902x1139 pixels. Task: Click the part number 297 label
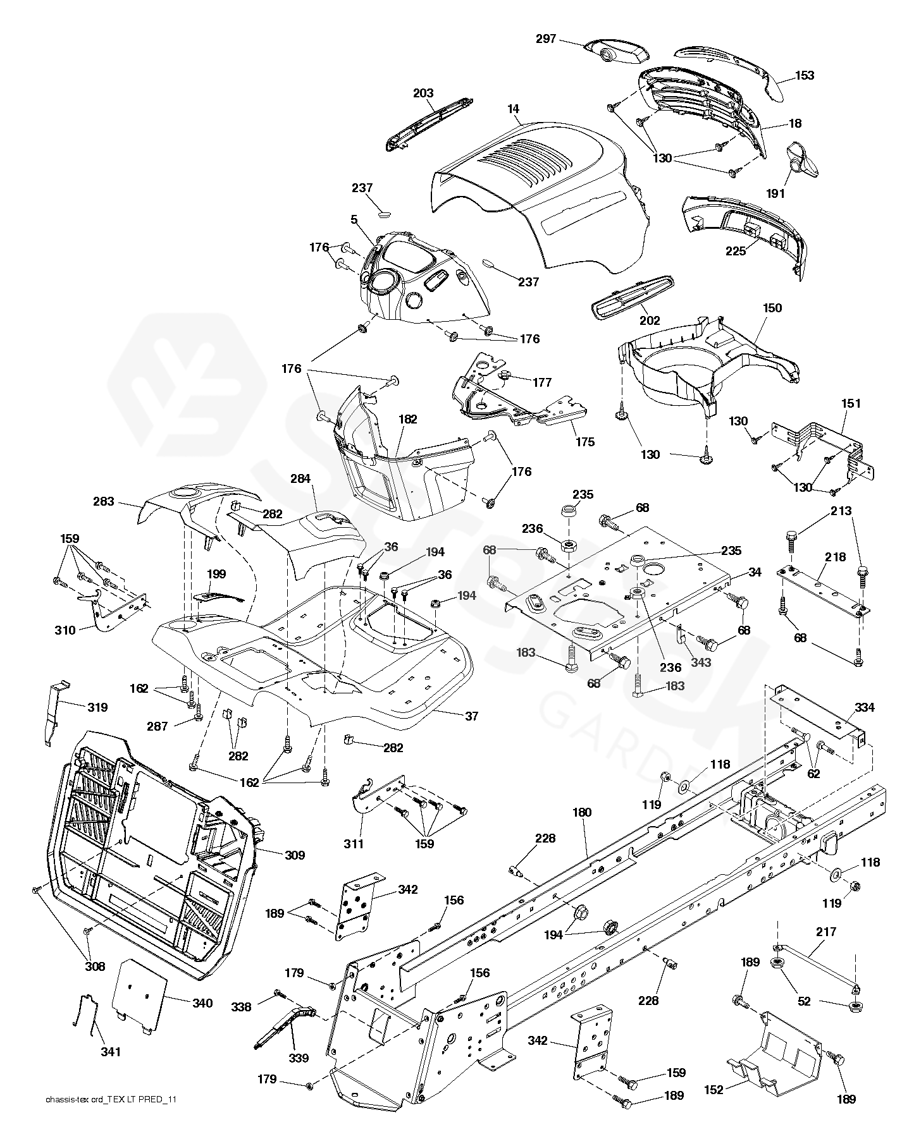pos(545,39)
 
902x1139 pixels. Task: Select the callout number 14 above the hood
pos(512,109)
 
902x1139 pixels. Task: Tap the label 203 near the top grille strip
pos(423,94)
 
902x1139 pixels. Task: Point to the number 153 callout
pos(805,75)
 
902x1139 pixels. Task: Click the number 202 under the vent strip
pos(650,320)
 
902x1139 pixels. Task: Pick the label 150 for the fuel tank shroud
pos(772,308)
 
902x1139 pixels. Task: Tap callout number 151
pos(851,403)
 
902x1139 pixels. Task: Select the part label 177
pos(542,382)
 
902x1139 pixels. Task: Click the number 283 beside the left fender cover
pos(104,501)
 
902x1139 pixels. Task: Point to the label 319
pos(97,707)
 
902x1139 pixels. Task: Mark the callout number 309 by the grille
pos(295,855)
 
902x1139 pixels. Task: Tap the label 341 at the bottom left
pos(110,1052)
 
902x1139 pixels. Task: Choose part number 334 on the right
pos(864,707)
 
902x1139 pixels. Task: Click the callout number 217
pos(826,932)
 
